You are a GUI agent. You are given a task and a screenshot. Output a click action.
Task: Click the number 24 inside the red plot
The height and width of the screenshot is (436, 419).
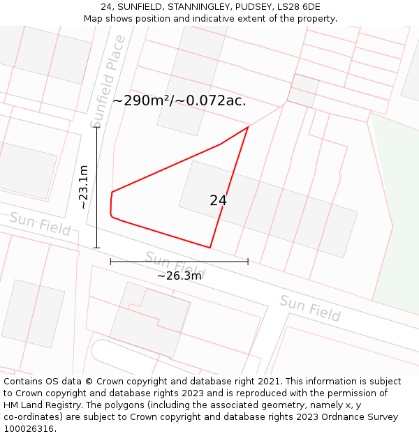coord(218,201)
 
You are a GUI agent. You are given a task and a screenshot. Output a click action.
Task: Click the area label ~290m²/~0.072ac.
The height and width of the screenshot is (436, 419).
coord(179,100)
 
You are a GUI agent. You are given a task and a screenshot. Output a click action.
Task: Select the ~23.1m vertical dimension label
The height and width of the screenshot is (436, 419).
coord(83,187)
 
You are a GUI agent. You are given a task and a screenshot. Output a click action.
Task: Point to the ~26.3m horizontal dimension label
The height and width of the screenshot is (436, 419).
coord(179,276)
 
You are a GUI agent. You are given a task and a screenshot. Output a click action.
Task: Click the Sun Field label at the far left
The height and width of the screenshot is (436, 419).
coord(39,223)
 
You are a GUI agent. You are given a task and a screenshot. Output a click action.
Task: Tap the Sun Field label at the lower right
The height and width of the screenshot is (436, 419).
coord(310,308)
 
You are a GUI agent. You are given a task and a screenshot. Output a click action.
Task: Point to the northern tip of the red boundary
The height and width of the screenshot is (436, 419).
coord(248,127)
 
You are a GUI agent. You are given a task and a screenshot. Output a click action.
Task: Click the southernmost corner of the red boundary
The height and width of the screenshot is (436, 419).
coord(209,247)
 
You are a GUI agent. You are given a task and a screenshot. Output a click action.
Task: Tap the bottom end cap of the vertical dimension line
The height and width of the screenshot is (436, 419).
coord(96,247)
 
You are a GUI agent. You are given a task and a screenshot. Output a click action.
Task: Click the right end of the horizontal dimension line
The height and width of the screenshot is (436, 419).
coord(248,262)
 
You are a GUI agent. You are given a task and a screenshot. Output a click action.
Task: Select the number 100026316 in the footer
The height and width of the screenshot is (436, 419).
coord(29,429)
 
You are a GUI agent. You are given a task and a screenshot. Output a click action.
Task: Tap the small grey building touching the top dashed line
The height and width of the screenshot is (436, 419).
coord(303,91)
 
